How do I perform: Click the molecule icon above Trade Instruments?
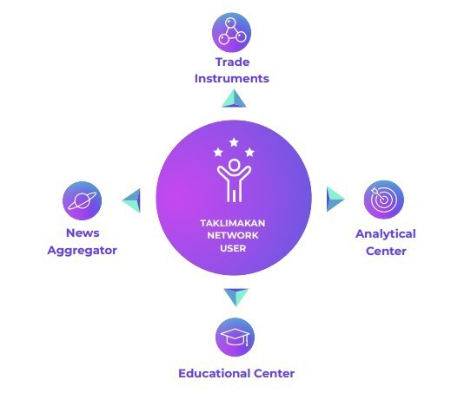click(x=232, y=32)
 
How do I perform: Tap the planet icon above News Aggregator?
click(x=82, y=200)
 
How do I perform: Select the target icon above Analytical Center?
click(x=383, y=200)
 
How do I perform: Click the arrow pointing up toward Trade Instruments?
click(x=234, y=98)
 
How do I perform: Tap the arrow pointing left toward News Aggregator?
click(x=131, y=200)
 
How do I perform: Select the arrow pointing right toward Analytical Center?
click(x=335, y=199)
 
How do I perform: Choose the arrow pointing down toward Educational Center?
click(x=236, y=297)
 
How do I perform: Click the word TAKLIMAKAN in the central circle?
click(x=233, y=223)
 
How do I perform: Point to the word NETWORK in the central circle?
click(x=233, y=235)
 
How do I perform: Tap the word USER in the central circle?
click(x=233, y=248)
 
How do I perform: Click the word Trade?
click(x=233, y=62)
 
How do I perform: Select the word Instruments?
click(x=232, y=79)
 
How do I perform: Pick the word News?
click(x=83, y=233)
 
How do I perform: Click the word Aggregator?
click(x=82, y=251)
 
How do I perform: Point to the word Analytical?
click(x=386, y=234)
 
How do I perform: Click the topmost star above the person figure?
click(x=234, y=142)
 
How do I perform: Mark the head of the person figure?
click(x=234, y=165)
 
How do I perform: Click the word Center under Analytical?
click(x=386, y=252)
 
